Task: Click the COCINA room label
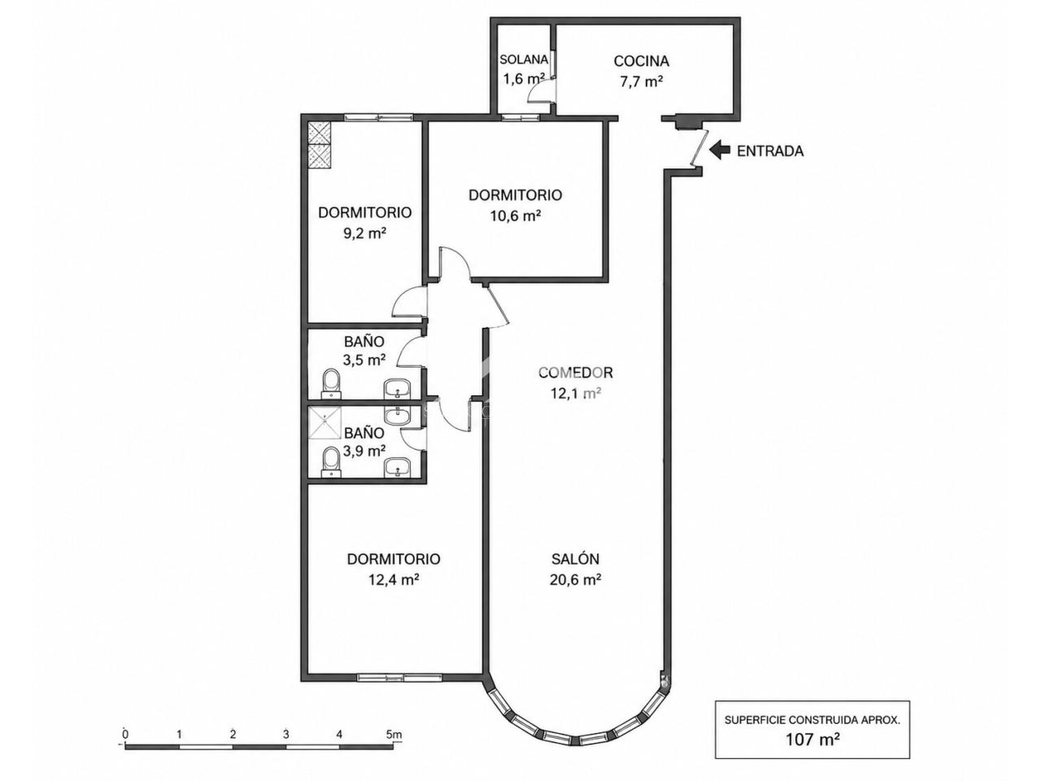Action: click(641, 61)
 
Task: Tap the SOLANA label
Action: click(524, 59)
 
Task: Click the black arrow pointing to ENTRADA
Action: click(720, 151)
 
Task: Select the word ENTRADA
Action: click(770, 151)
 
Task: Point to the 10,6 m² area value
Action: click(516, 216)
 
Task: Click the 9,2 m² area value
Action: click(364, 233)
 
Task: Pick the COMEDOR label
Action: click(576, 373)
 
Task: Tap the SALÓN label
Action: click(575, 559)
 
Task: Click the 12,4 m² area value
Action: click(394, 579)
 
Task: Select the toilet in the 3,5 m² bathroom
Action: click(330, 384)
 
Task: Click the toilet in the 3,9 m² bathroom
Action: click(330, 462)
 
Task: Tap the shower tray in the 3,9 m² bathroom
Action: click(324, 421)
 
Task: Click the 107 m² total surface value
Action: click(813, 740)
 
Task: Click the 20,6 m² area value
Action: click(576, 579)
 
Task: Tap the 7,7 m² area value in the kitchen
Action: click(641, 81)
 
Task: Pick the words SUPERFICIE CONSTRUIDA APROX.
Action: click(812, 720)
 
